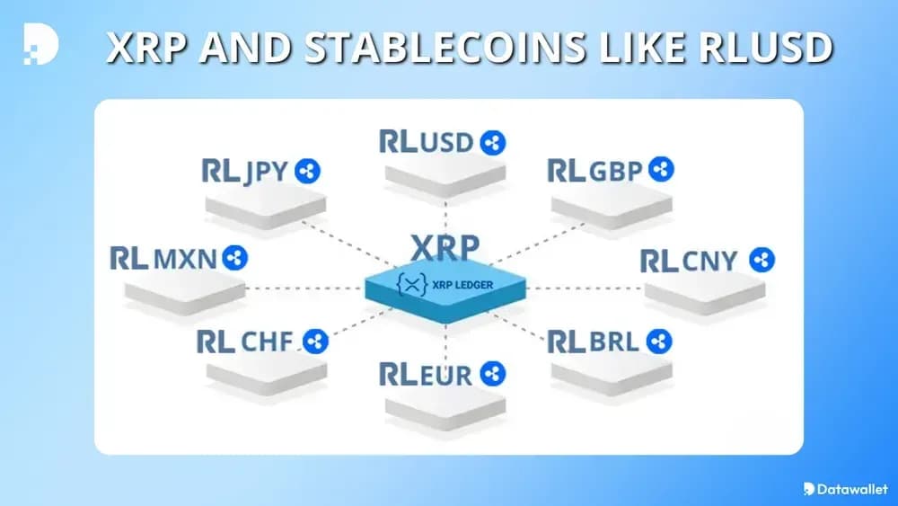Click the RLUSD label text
tap(427, 142)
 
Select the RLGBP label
tap(596, 170)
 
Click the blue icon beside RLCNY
tap(762, 261)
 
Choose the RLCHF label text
tap(247, 342)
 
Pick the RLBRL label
tap(593, 342)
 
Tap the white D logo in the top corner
tap(40, 45)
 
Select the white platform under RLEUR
tap(445, 404)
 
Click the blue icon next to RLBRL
tap(659, 342)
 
